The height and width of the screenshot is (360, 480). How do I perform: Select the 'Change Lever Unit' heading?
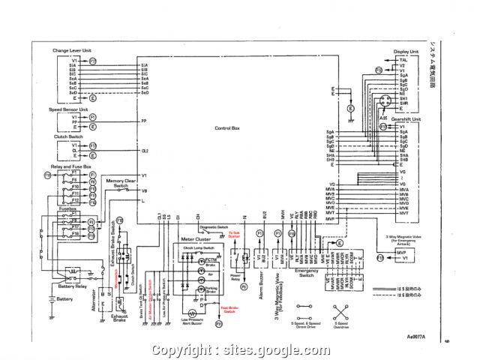pyautogui.click(x=71, y=50)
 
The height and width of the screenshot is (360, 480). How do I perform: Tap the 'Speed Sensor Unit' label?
pyautogui.click(x=68, y=109)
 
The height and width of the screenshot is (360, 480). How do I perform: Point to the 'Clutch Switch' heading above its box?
pyautogui.click(x=66, y=136)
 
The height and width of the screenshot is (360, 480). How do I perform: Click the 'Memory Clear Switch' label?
pyautogui.click(x=120, y=183)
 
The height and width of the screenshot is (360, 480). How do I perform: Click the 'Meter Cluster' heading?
pyautogui.click(x=196, y=238)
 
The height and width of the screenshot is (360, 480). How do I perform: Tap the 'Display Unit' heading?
pyautogui.click(x=405, y=52)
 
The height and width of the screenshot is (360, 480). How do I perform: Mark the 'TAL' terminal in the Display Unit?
pyautogui.click(x=403, y=59)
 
